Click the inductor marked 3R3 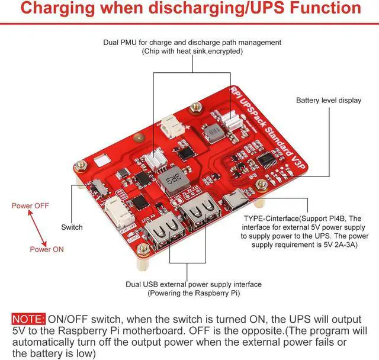[x=169, y=177]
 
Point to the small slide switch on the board [x=98, y=191]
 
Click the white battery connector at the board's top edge [x=170, y=126]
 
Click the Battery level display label [x=328, y=100]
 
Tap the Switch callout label [x=72, y=227]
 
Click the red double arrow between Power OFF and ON [x=34, y=227]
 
